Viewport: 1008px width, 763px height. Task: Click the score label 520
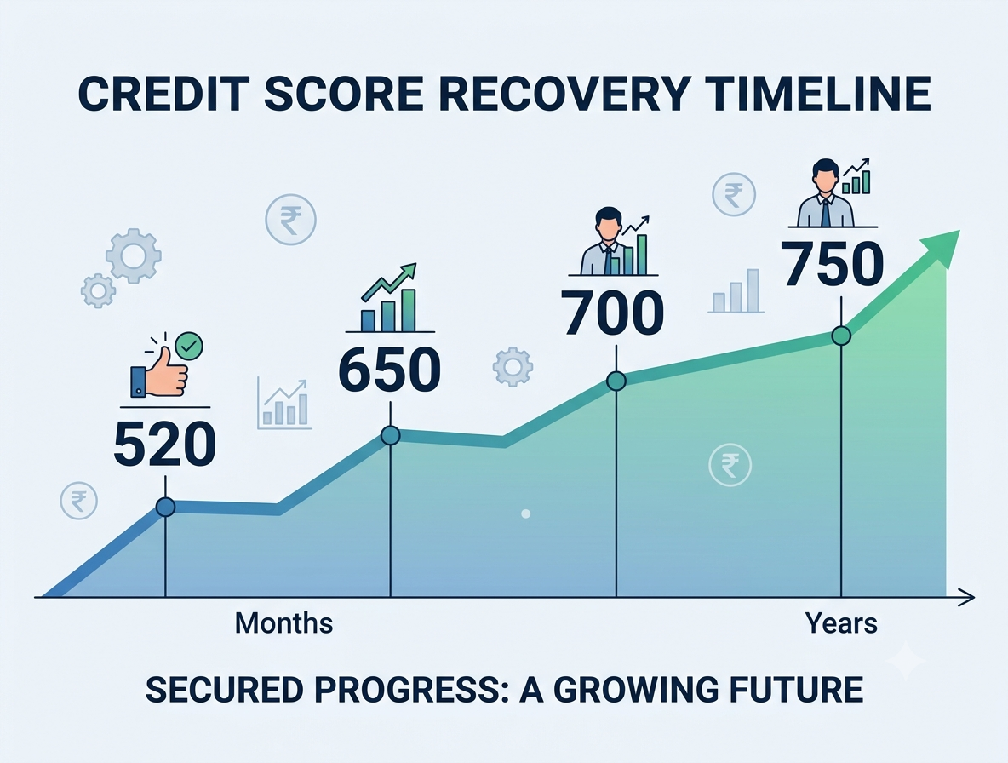point(164,444)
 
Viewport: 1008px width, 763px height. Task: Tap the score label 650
point(390,370)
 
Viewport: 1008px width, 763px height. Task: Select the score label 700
point(613,313)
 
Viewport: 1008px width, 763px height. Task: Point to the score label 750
point(833,263)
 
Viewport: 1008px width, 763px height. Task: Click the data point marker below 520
point(165,508)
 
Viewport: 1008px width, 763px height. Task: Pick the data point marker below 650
point(390,435)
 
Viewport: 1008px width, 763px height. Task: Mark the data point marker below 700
point(616,381)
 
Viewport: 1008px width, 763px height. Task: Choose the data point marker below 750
point(841,336)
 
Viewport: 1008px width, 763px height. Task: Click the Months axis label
point(283,622)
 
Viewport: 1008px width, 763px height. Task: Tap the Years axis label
point(841,622)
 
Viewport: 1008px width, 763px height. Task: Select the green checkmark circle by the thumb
point(189,346)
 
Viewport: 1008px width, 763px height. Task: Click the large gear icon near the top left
point(133,255)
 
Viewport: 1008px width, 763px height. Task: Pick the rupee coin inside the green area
point(730,465)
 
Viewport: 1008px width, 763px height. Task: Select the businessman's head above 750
point(825,172)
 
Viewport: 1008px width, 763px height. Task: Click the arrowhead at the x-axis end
point(967,597)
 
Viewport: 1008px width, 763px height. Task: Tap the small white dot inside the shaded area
point(526,513)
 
